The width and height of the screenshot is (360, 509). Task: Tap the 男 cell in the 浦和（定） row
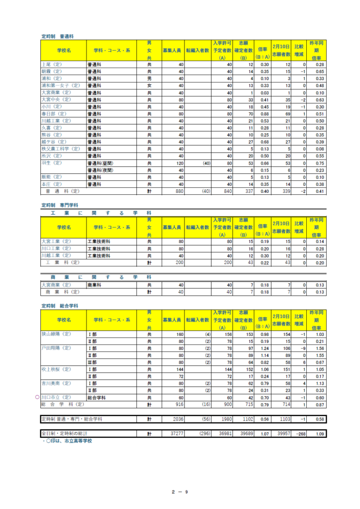point(149,79)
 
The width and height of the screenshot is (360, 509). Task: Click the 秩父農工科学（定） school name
point(61,149)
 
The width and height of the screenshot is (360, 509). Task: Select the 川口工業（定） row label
point(56,249)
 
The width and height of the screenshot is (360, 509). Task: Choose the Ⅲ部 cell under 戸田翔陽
point(92,362)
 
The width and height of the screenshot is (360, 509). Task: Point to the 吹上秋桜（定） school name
point(56,369)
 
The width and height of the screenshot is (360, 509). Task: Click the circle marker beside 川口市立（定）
point(38,398)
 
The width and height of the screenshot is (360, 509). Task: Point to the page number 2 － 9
point(180,493)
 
